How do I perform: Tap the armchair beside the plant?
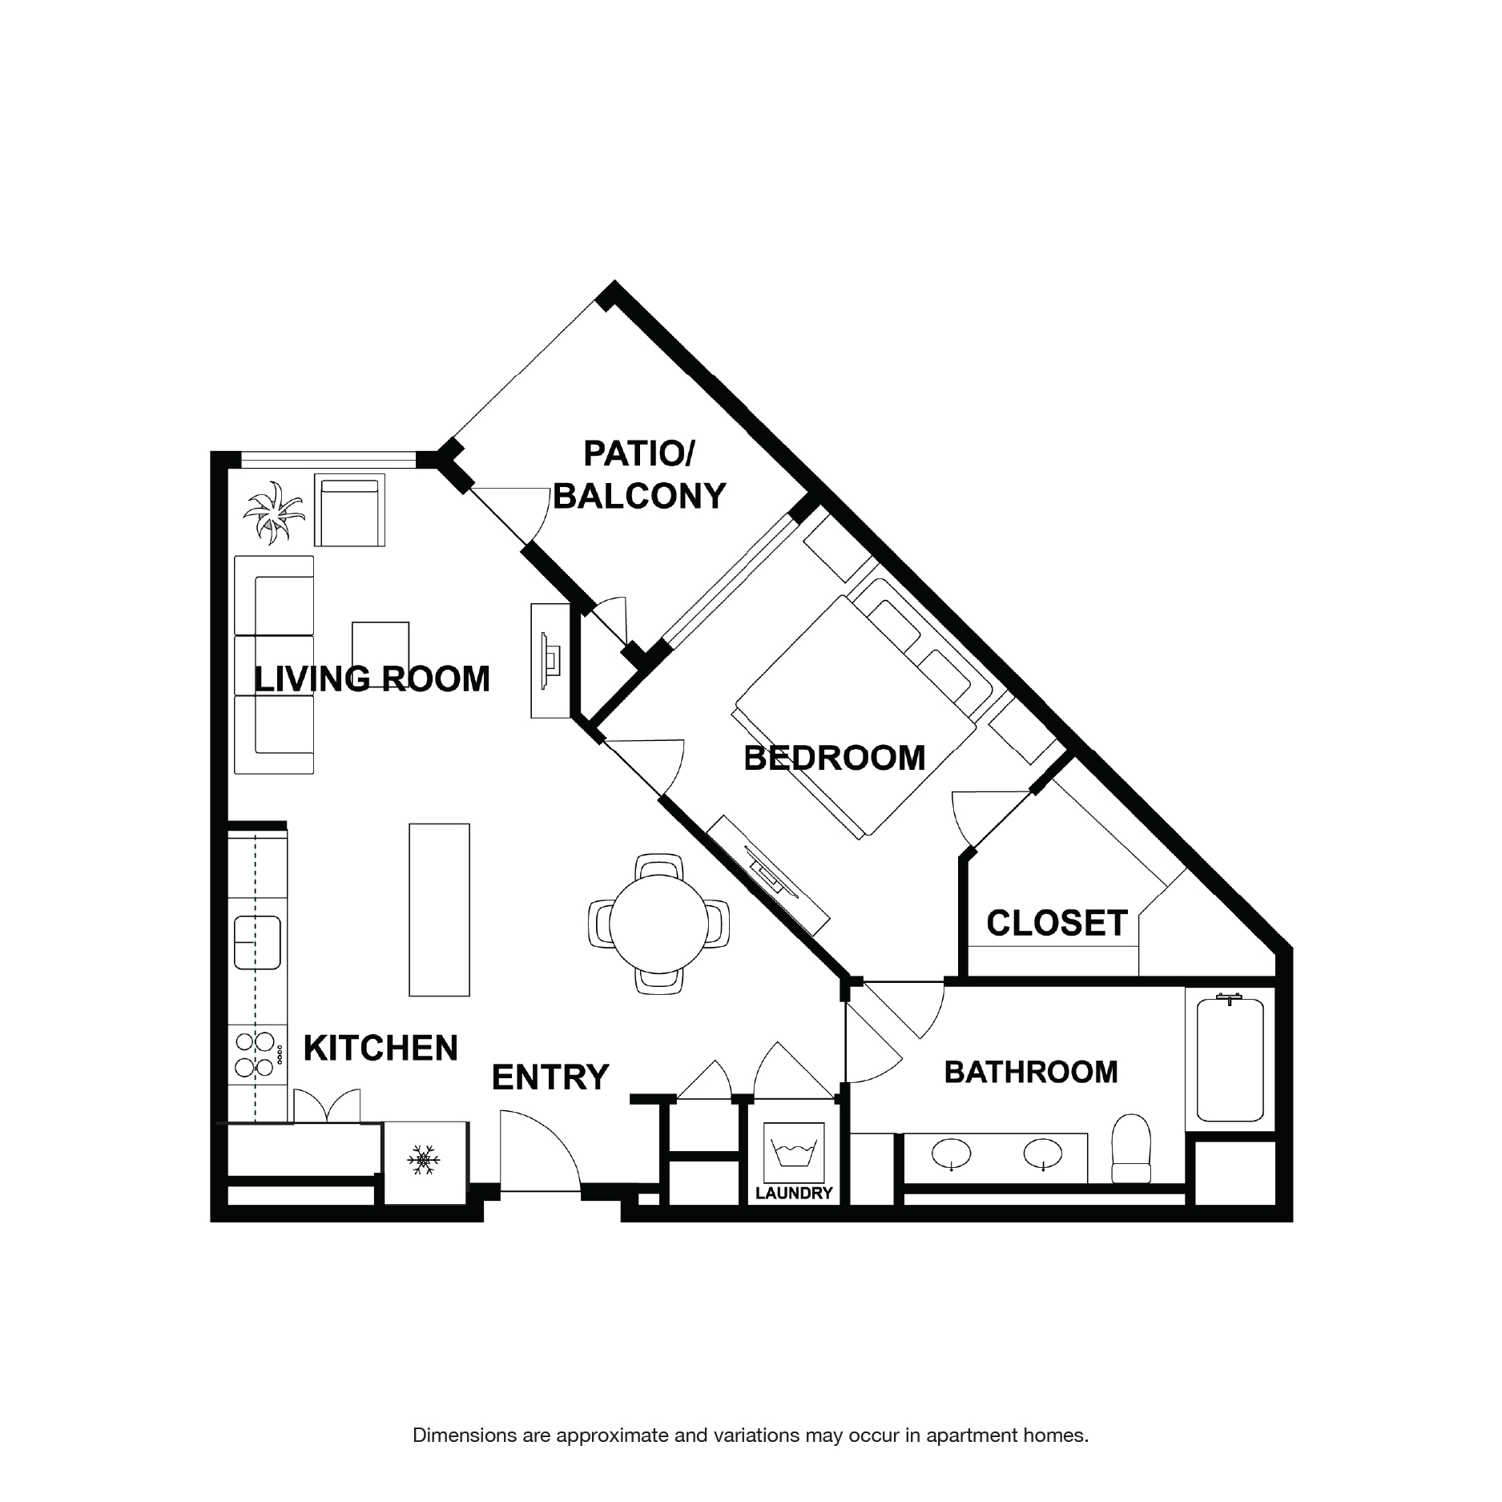click(x=350, y=509)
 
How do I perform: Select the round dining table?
click(x=659, y=924)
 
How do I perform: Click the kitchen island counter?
click(x=439, y=909)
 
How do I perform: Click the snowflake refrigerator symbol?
click(x=425, y=1160)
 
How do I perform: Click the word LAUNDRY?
click(x=794, y=1193)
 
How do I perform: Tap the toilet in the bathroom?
click(x=1131, y=1149)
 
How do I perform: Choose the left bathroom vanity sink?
click(x=951, y=1154)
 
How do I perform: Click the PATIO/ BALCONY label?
click(x=639, y=475)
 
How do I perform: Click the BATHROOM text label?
click(x=1030, y=1072)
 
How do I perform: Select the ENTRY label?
click(x=550, y=1077)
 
